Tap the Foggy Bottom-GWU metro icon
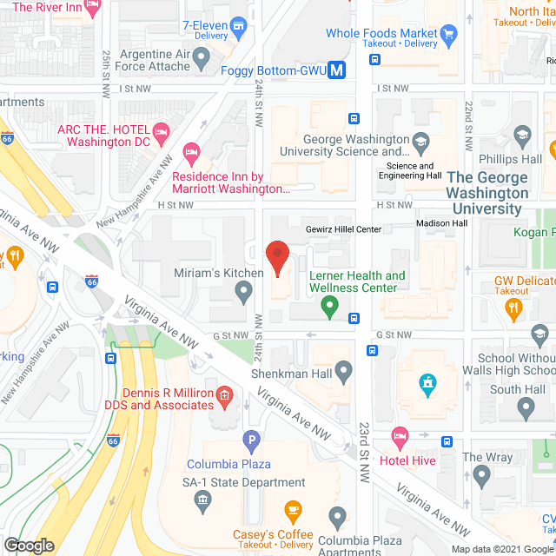(340, 70)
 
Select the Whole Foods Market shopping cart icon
(448, 35)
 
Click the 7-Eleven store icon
(238, 28)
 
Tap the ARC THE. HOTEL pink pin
(159, 130)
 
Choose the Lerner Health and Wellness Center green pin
(329, 305)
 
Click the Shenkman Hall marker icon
(345, 372)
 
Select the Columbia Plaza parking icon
(251, 441)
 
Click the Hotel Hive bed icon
(399, 434)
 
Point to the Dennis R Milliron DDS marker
(224, 399)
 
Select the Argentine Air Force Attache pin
(202, 59)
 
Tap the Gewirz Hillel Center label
(343, 229)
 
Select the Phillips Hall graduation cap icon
(521, 134)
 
